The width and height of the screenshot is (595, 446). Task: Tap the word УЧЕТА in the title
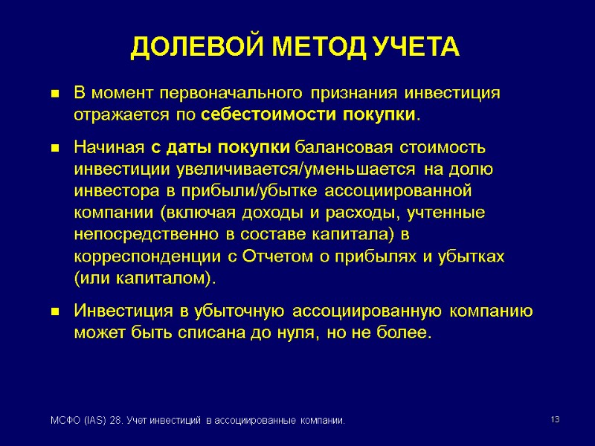pos(419,48)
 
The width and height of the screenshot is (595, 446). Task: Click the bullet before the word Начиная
pos(54,149)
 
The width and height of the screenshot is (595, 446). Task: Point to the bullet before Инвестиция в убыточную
pos(54,312)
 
